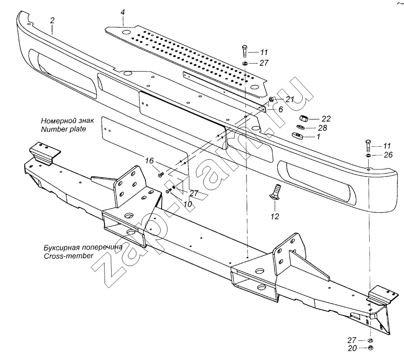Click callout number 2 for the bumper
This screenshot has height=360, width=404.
[53, 20]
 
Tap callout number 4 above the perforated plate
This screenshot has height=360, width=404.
[123, 12]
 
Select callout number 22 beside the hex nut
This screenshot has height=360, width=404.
[326, 119]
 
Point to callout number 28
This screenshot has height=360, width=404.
[323, 128]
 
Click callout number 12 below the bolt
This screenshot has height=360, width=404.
[275, 216]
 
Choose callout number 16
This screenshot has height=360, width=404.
[149, 161]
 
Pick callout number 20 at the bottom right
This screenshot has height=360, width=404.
[352, 348]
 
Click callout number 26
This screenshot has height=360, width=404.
[388, 155]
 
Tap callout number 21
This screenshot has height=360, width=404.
[290, 100]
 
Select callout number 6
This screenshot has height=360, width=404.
[280, 109]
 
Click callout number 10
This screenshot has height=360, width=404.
[188, 204]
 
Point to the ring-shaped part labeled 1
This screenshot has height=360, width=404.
[297, 135]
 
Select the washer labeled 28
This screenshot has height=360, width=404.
[300, 127]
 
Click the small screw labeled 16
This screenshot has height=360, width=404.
[161, 175]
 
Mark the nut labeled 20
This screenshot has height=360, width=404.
[371, 347]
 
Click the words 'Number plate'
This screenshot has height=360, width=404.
[64, 129]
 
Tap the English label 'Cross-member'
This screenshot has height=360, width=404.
[69, 256]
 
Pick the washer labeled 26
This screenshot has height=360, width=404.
[368, 155]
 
